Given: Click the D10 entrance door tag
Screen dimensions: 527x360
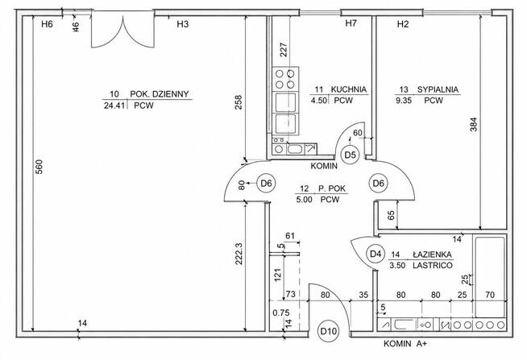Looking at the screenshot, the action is [x=328, y=331].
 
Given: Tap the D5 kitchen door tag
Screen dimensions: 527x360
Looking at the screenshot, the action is [x=351, y=155].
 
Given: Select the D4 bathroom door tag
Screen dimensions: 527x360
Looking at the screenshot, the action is [x=376, y=254].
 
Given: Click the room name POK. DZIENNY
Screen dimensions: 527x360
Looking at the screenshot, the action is [x=160, y=94].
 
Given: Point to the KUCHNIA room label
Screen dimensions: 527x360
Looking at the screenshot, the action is [x=349, y=89].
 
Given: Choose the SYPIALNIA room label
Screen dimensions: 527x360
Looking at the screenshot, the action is [x=438, y=89].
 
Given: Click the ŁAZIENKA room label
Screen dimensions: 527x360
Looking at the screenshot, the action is [x=432, y=254].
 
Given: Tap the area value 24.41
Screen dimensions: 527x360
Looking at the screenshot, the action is [x=114, y=106].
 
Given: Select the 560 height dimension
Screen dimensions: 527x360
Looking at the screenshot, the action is [x=39, y=167].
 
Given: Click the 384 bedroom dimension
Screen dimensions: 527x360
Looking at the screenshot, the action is [x=473, y=124].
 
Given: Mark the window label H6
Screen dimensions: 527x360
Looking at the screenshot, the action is [x=47, y=24].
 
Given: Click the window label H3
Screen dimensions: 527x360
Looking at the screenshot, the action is [x=182, y=24].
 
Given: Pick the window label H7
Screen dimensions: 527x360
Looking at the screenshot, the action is [x=351, y=23].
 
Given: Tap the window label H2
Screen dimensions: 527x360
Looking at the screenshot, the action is [x=403, y=24].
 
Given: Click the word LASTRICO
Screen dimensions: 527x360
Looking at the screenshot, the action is [x=433, y=265].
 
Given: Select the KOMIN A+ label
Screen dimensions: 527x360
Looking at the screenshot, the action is [x=405, y=344].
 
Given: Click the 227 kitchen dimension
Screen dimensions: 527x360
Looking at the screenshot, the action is [x=284, y=50].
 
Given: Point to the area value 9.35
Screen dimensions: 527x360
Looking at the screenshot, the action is [x=404, y=101].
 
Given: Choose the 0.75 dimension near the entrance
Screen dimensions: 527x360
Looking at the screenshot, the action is [x=281, y=312].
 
